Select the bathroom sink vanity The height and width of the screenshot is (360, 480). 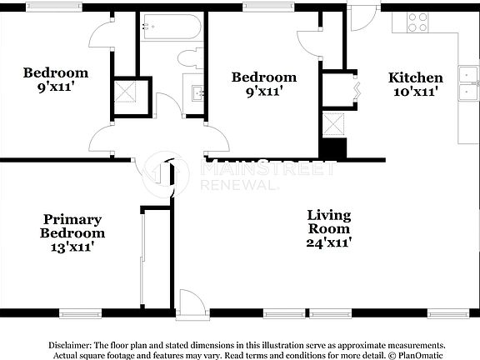pyautogui.click(x=197, y=92)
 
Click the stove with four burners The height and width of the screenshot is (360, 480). pyautogui.click(x=417, y=22)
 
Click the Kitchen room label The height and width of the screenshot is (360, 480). pyautogui.click(x=416, y=77)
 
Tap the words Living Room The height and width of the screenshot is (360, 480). pyautogui.click(x=328, y=221)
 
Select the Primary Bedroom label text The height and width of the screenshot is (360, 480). pyautogui.click(x=73, y=226)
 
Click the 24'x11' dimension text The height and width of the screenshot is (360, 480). pyautogui.click(x=328, y=242)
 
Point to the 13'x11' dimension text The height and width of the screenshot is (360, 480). pyautogui.click(x=73, y=247)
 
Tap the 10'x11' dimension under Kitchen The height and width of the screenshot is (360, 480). pyautogui.click(x=416, y=92)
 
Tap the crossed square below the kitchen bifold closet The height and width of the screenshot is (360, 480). pyautogui.click(x=335, y=124)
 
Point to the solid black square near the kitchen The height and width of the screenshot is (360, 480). pyautogui.click(x=333, y=149)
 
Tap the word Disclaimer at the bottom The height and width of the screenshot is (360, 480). pyautogui.click(x=72, y=344)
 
